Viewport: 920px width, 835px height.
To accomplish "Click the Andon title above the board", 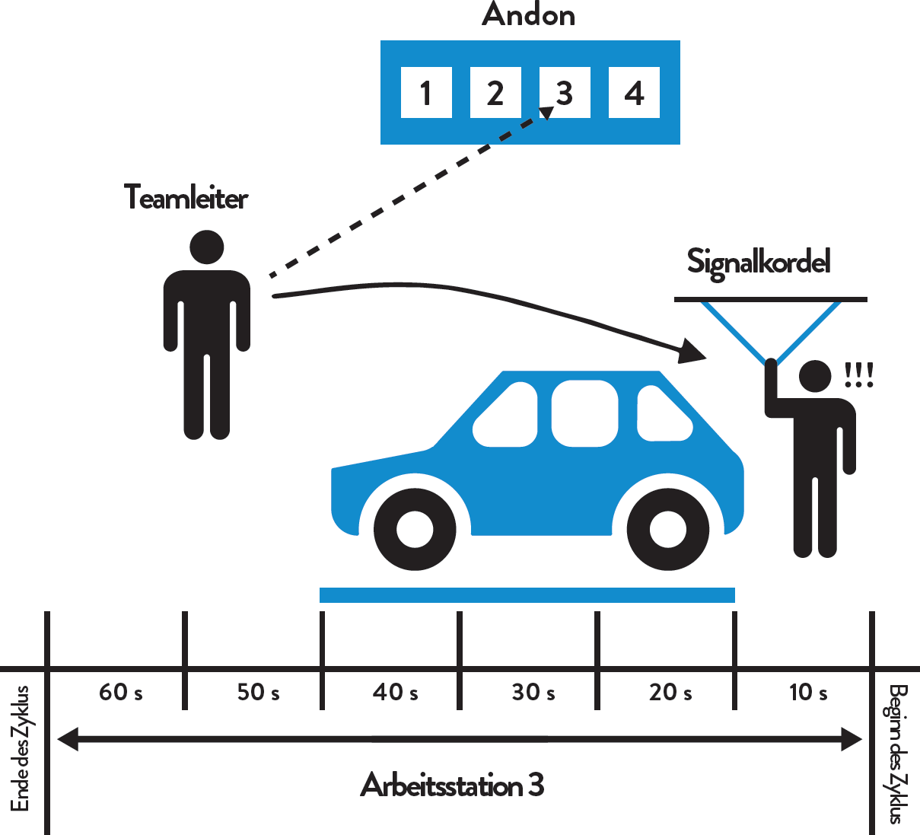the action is pos(528,14).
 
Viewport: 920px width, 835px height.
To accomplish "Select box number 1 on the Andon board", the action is pos(426,92).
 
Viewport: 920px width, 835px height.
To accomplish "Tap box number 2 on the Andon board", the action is pos(495,92).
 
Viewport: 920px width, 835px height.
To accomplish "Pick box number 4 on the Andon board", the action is pos(634,92).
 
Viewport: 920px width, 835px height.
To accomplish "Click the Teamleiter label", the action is pos(186,197).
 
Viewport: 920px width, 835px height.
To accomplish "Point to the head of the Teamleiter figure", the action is pos(207,247).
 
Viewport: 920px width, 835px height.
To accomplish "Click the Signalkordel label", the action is pos(759,263).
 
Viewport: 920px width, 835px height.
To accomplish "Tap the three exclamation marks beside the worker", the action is pos(859,374).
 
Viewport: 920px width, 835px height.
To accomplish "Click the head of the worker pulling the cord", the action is pos(815,376).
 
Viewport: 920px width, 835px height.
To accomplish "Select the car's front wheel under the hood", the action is pos(415,529).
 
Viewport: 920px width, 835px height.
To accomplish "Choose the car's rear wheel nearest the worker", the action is pos(668,529).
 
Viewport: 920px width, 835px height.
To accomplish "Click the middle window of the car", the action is pos(584,413).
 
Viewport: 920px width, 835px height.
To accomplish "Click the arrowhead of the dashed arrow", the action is pos(546,113).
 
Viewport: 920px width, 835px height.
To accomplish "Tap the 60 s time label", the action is pos(121,693).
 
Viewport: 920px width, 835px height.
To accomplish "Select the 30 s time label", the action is pos(533,693).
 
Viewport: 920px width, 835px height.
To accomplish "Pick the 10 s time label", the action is pos(808,693).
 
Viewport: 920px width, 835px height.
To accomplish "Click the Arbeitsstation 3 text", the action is pos(452,785).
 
